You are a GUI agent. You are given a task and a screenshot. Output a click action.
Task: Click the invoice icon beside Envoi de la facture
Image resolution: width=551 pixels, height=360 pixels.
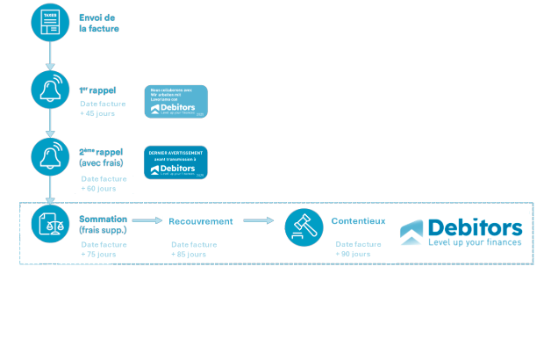click(x=49, y=22)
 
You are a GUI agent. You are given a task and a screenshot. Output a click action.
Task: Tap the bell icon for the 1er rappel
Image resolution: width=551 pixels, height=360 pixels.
click(x=49, y=89)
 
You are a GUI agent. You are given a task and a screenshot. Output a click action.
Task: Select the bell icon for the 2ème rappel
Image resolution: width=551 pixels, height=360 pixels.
click(x=49, y=155)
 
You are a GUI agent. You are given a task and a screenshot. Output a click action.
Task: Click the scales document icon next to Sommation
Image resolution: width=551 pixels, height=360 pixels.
click(x=49, y=224)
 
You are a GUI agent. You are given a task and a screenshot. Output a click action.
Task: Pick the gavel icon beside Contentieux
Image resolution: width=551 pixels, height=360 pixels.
click(x=304, y=227)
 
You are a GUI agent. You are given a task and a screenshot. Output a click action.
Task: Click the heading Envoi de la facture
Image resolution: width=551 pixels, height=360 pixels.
click(x=98, y=23)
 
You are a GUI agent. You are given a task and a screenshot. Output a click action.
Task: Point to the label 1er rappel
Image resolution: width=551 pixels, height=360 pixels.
click(x=97, y=90)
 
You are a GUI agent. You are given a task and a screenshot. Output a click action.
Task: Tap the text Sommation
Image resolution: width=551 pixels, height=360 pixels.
click(x=103, y=219)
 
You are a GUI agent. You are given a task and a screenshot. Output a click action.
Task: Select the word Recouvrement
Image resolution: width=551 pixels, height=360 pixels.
click(x=200, y=221)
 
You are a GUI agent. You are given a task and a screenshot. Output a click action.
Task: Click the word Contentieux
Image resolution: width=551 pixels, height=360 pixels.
click(x=358, y=221)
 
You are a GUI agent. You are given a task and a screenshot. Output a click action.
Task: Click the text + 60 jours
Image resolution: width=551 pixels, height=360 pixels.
click(x=98, y=188)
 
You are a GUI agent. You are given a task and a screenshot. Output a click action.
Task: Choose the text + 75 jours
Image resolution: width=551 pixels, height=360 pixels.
click(x=97, y=254)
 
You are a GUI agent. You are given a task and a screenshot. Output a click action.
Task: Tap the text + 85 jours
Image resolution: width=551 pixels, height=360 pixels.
click(x=189, y=254)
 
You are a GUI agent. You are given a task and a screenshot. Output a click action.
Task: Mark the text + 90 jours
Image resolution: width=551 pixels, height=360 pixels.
click(x=353, y=254)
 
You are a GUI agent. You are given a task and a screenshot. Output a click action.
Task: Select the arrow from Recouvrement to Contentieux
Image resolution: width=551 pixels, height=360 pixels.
click(x=258, y=221)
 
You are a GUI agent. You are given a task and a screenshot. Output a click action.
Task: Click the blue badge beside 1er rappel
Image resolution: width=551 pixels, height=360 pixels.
click(x=175, y=102)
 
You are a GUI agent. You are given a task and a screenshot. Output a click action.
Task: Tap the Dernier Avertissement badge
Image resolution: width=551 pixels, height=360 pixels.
click(x=175, y=162)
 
